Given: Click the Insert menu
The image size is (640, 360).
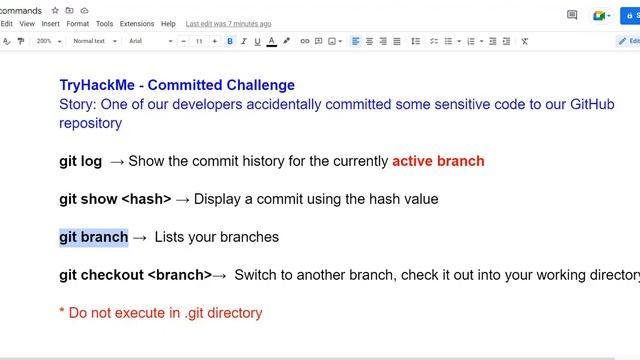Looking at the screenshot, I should click(50, 23).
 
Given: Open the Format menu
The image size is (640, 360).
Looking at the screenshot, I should click(77, 23).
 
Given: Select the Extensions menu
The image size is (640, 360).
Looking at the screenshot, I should click(137, 23).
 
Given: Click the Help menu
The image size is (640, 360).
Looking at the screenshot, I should click(168, 23).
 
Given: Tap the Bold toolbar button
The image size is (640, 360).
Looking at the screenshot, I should click(230, 41).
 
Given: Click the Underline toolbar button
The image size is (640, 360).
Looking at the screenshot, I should click(257, 41).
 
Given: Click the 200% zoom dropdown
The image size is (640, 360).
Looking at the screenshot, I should click(48, 41).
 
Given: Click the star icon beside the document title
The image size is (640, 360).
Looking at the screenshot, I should click(55, 10).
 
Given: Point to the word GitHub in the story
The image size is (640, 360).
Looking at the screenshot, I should click(601, 104).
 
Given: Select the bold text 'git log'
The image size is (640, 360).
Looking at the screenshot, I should click(80, 161).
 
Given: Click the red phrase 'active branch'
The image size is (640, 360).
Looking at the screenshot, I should click(438, 161).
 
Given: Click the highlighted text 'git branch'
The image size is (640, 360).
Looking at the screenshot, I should click(93, 237).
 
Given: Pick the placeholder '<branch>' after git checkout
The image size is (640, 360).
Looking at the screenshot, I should click(179, 275).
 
